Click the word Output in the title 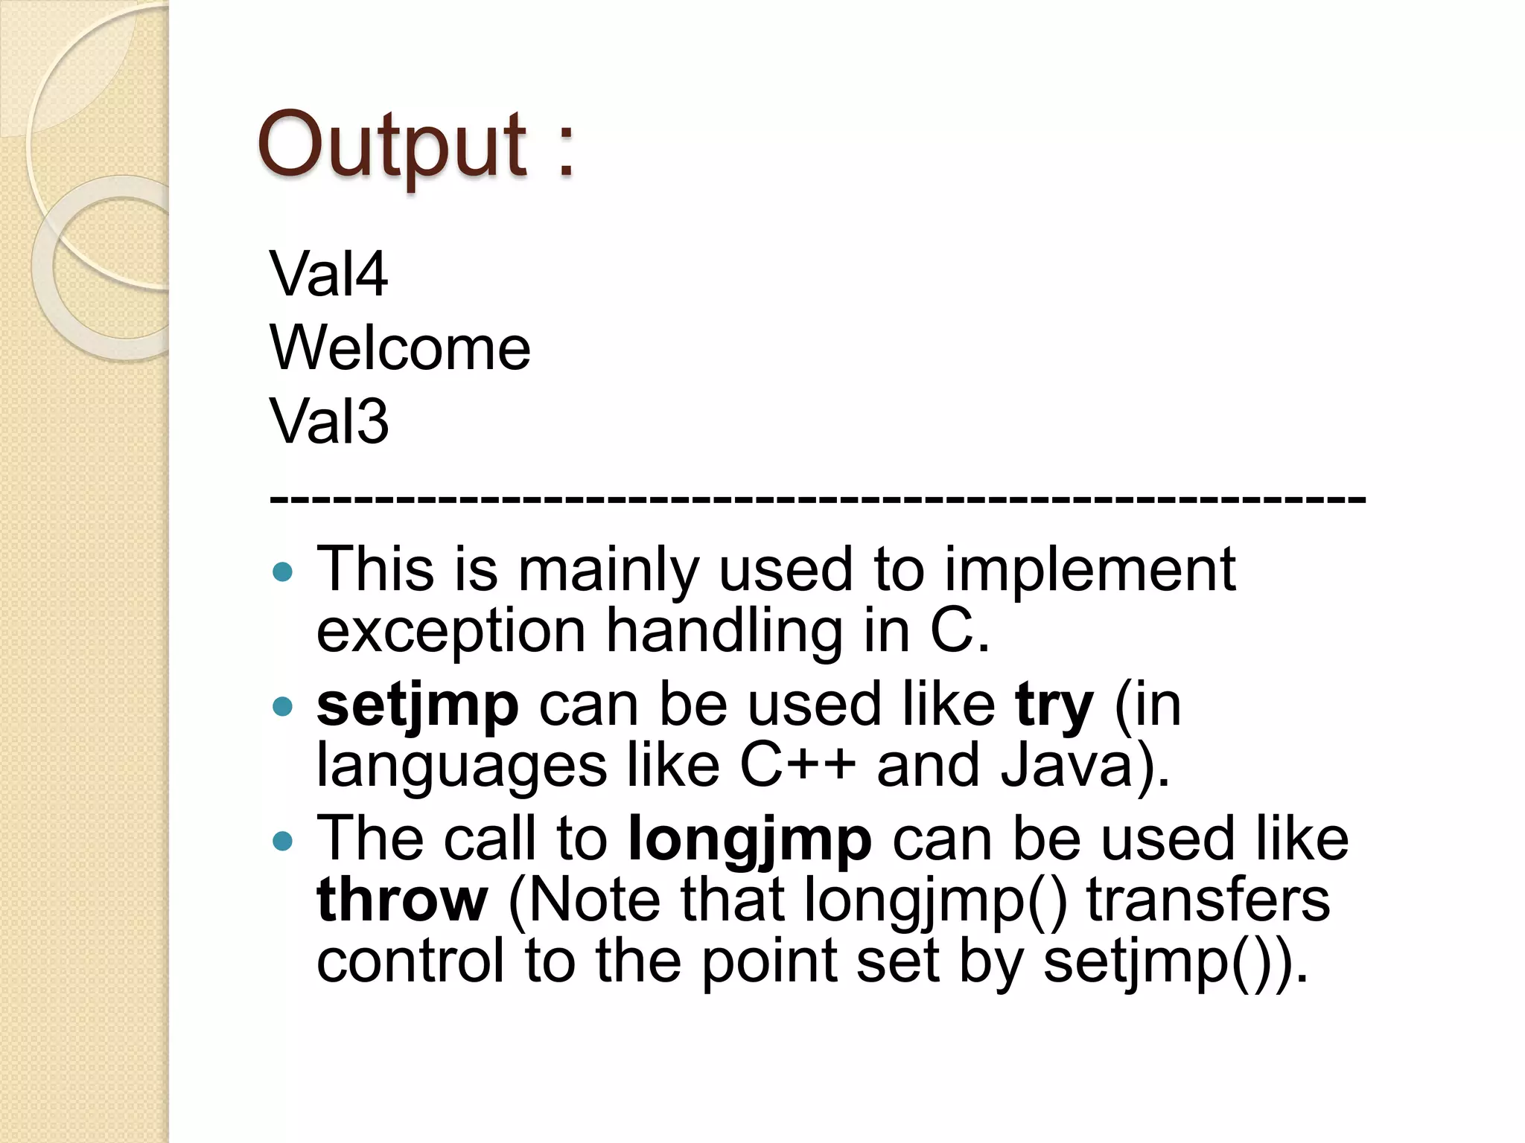pyautogui.click(x=392, y=145)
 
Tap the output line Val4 pyautogui.click(x=328, y=275)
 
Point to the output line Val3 pyautogui.click(x=328, y=421)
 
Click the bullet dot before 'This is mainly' pyautogui.click(x=283, y=571)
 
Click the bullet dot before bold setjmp pyautogui.click(x=283, y=706)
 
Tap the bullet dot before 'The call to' pyautogui.click(x=283, y=841)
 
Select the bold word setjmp pyautogui.click(x=417, y=705)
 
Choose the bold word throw pyautogui.click(x=402, y=900)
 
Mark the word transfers pyautogui.click(x=1208, y=900)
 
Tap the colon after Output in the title pyautogui.click(x=566, y=149)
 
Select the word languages pyautogui.click(x=462, y=766)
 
